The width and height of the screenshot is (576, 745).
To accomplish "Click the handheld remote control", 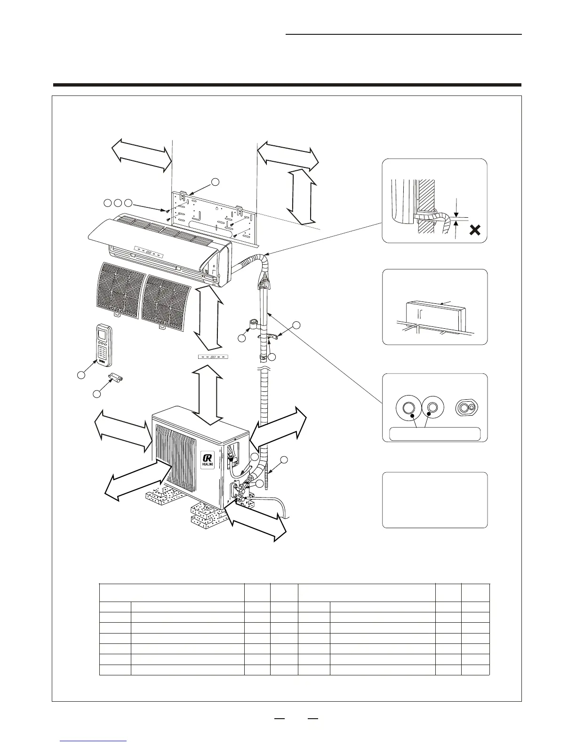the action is pos(104,345).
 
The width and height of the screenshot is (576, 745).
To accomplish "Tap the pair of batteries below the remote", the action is pos(116,378).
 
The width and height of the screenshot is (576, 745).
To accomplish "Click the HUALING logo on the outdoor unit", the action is pos(207,459).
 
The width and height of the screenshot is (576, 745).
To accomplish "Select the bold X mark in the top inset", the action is pos(475,230).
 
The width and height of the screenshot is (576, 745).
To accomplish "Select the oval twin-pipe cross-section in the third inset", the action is pos(466,408).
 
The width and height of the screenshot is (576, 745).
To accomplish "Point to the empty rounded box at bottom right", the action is pos(434,500).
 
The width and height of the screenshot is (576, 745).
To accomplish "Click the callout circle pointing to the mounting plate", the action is pos(215,182).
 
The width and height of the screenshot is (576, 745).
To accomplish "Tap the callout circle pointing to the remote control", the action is pos(81,375).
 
